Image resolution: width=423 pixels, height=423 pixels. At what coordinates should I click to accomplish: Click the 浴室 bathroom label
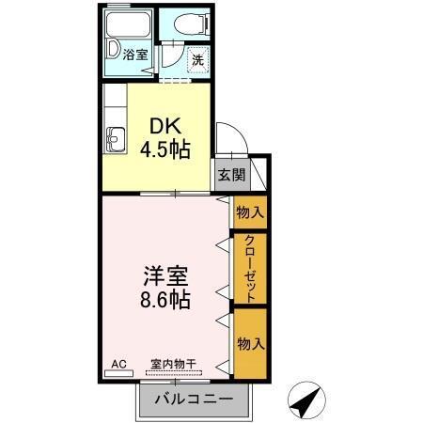coord(135,55)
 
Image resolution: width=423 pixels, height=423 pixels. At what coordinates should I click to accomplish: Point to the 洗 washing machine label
coord(197,58)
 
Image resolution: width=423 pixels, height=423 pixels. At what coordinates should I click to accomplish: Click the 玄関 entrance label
coord(230,175)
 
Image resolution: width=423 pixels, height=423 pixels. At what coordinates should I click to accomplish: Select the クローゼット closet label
coord(250,267)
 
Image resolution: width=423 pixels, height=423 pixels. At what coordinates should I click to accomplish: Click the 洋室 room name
coord(164,277)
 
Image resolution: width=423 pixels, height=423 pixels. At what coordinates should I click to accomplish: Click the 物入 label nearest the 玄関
coord(250,212)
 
